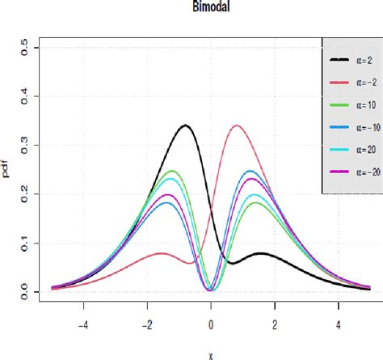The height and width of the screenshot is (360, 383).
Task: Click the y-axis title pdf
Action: point(8,169)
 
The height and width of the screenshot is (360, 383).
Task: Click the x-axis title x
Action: point(211,354)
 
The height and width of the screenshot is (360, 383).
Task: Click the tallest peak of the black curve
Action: point(186,125)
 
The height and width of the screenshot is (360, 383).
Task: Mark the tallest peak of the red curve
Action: point(236,125)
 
